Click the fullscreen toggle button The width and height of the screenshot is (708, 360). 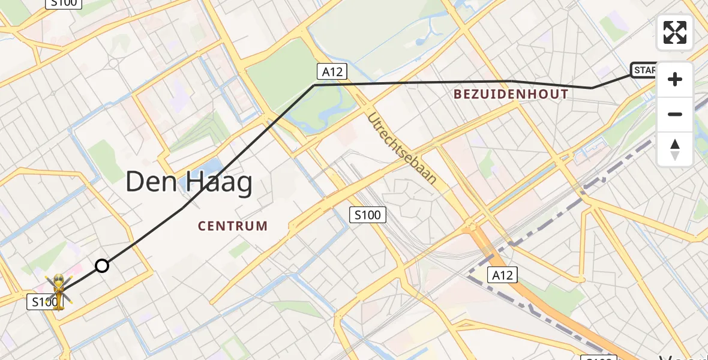[675, 32]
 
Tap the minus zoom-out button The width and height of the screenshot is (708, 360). [675, 115]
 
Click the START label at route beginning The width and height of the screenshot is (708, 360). [644, 71]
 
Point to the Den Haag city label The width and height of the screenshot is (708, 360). [188, 182]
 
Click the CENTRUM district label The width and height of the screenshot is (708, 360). [233, 226]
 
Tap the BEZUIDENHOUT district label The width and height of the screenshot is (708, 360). [511, 94]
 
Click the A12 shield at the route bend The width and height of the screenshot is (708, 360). [332, 72]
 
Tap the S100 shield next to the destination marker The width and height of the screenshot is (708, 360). [44, 302]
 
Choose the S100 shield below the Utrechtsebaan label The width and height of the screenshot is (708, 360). [367, 214]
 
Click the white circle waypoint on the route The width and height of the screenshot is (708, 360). [102, 266]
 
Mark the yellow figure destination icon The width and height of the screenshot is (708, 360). [59, 292]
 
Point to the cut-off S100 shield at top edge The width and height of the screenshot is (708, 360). [64, 3]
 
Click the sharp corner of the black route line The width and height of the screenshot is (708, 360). [314, 85]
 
